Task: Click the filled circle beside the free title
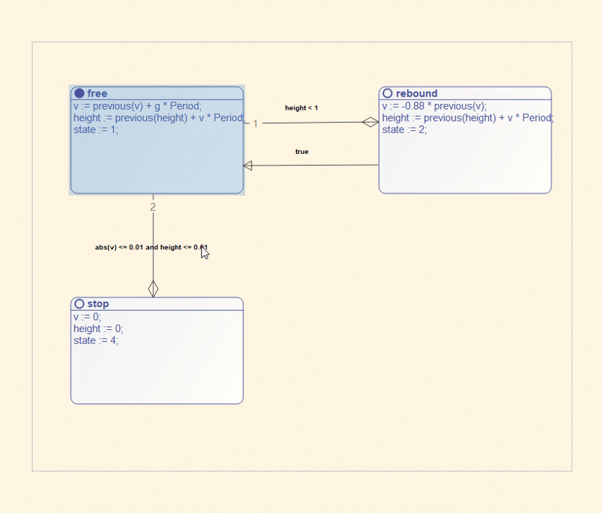point(79,93)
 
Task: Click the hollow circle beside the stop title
point(79,304)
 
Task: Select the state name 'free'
point(97,93)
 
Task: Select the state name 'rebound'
point(417,93)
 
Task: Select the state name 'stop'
point(98,304)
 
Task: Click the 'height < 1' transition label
point(302,108)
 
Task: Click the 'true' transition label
point(302,152)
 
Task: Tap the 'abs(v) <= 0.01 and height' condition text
point(138,247)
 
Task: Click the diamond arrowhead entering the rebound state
point(370,122)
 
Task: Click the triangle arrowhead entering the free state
point(247,165)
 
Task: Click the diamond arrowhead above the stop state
point(153,289)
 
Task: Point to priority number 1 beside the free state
point(255,124)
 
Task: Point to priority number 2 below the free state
point(153,207)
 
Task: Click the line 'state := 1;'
point(96,130)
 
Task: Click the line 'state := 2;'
point(405,130)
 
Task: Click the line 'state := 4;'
point(96,341)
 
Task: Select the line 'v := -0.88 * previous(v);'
point(435,106)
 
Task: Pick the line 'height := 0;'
point(98,329)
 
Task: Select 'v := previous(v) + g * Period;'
point(138,106)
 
